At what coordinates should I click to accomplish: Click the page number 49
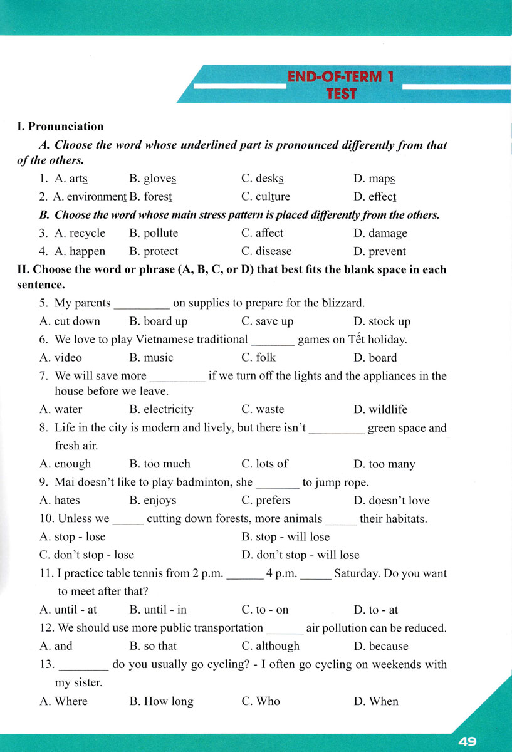468,741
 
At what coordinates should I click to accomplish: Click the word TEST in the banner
341,94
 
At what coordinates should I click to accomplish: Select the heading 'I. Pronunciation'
61,127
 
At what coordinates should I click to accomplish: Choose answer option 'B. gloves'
153,179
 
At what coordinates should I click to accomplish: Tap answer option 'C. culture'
266,197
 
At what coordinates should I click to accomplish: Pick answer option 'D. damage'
380,233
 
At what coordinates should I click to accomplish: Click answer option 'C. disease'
266,251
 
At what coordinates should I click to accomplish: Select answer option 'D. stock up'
382,321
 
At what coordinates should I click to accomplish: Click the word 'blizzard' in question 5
341,303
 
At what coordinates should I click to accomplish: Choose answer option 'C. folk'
258,358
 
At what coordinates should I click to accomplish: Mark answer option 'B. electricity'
162,409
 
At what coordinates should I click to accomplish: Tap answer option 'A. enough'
65,464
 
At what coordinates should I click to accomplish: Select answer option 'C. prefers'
266,500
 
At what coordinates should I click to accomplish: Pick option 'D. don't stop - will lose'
300,555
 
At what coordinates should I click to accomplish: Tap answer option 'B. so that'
153,646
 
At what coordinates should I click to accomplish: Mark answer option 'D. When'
376,701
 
